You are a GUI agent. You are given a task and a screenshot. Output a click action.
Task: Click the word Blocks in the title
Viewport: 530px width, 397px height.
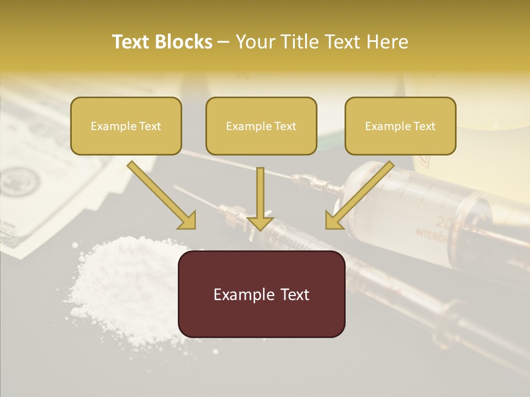coord(184,42)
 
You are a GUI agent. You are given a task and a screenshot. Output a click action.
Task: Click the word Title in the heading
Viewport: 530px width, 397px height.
coord(298,42)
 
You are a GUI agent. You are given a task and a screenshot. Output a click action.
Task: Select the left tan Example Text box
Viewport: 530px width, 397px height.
coord(126,126)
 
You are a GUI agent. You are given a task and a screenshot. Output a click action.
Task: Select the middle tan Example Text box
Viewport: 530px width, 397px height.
coord(261,126)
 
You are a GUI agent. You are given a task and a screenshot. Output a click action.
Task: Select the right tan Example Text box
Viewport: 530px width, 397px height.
coord(400,126)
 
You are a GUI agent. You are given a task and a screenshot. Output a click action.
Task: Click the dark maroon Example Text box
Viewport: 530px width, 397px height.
coord(261,294)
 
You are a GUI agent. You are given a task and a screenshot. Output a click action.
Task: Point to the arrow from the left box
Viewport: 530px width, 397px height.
coord(160,193)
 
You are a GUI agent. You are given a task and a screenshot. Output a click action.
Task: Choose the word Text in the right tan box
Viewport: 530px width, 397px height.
coord(424,126)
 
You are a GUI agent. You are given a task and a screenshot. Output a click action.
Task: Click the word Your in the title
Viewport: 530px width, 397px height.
coord(253,42)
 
